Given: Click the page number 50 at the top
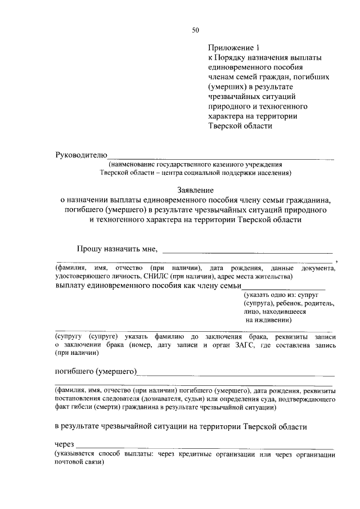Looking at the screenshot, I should coord(195,30).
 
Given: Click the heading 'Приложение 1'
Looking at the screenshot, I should coord(231,48).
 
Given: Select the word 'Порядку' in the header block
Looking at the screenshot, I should coord(232,58).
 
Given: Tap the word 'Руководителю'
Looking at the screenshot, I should coord(80,155).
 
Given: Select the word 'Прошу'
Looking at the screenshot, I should coord(89,249).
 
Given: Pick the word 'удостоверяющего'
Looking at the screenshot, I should coord(79,277).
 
